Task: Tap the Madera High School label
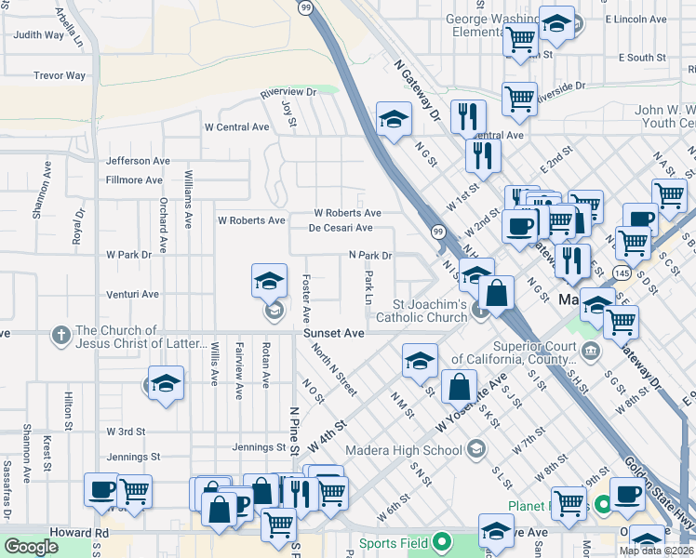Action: click(404, 451)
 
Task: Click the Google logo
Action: click(32, 547)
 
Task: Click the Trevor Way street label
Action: click(59, 75)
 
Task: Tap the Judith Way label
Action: click(39, 35)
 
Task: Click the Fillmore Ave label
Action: click(134, 180)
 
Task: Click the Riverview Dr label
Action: click(288, 92)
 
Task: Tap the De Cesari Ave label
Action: click(341, 228)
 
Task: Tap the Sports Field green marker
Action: click(442, 542)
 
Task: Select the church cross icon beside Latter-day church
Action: click(61, 334)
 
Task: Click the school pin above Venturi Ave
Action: click(269, 280)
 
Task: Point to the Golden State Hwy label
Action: click(655, 493)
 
